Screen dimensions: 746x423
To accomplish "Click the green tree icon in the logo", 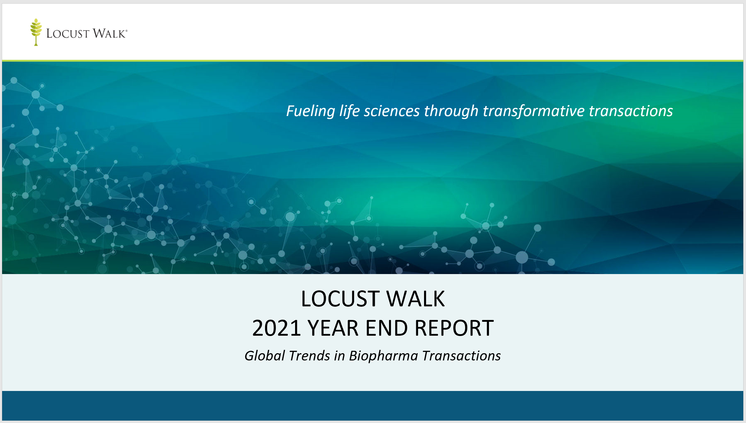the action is pyautogui.click(x=36, y=32).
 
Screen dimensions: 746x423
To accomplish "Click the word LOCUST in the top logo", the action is pyautogui.click(x=68, y=34).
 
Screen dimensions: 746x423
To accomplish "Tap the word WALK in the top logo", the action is pyautogui.click(x=109, y=33).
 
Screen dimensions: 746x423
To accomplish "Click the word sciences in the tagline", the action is pyautogui.click(x=392, y=111).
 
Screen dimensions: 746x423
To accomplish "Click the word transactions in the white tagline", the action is pyautogui.click(x=631, y=111).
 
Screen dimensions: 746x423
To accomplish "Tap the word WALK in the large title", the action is pyautogui.click(x=416, y=299).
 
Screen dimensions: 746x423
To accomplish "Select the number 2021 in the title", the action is pyautogui.click(x=276, y=328).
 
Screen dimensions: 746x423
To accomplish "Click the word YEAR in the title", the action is pyautogui.click(x=333, y=328).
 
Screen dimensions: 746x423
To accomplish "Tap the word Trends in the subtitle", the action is pyautogui.click(x=310, y=356).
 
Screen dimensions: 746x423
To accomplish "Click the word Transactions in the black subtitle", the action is pyautogui.click(x=461, y=356).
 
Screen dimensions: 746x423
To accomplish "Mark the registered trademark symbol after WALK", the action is pyautogui.click(x=126, y=31).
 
